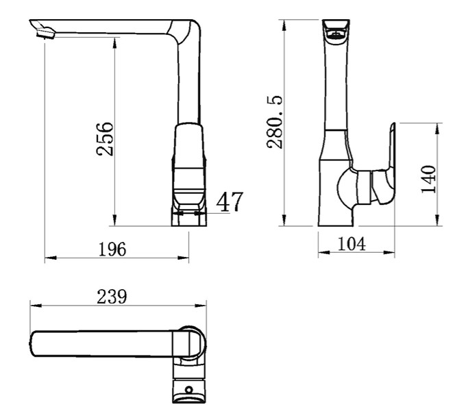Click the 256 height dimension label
click(104, 138)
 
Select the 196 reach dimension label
click(112, 249)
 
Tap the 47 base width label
click(229, 201)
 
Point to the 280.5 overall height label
click(275, 121)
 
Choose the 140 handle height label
click(428, 179)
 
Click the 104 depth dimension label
click(351, 243)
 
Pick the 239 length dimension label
click(112, 297)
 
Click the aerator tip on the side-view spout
click(46, 34)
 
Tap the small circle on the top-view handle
click(189, 390)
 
